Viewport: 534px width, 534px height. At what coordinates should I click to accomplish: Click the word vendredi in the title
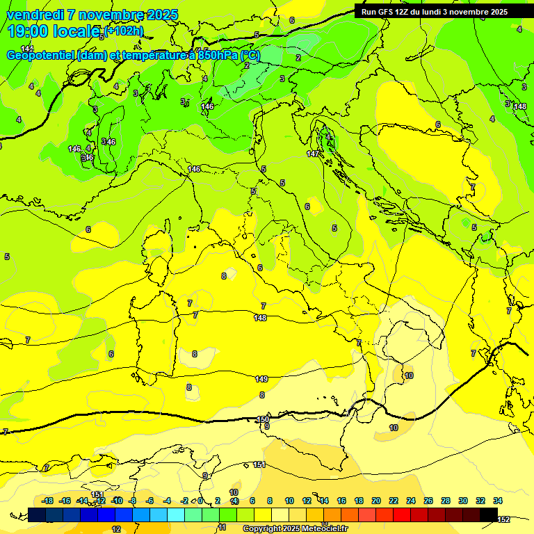[34, 15]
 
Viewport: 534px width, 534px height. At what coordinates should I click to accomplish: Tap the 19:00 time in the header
[28, 31]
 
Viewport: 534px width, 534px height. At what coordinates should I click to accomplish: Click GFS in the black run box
[385, 12]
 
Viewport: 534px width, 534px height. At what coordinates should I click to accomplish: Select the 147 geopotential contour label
[313, 154]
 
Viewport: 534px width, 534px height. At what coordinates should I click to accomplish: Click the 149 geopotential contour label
[261, 379]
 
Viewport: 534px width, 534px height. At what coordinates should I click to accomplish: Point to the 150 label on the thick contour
[263, 419]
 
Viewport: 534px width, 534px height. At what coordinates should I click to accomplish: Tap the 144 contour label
[26, 49]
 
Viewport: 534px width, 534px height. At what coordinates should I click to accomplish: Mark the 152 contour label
[503, 519]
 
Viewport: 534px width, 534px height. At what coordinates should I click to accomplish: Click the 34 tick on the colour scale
[498, 501]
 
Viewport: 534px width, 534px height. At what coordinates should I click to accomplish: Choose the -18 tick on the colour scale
[47, 501]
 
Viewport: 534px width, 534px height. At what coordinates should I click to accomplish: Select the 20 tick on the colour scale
[376, 501]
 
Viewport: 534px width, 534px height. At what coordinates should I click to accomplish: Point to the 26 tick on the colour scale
[428, 501]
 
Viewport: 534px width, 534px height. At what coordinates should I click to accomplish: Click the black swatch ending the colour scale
[489, 515]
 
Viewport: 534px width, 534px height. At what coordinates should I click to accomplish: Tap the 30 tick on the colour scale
[463, 501]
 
